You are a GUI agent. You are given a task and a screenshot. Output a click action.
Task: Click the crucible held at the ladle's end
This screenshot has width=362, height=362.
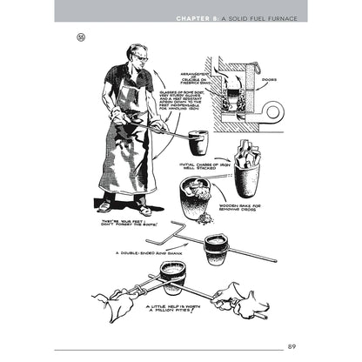click(x=198, y=142)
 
